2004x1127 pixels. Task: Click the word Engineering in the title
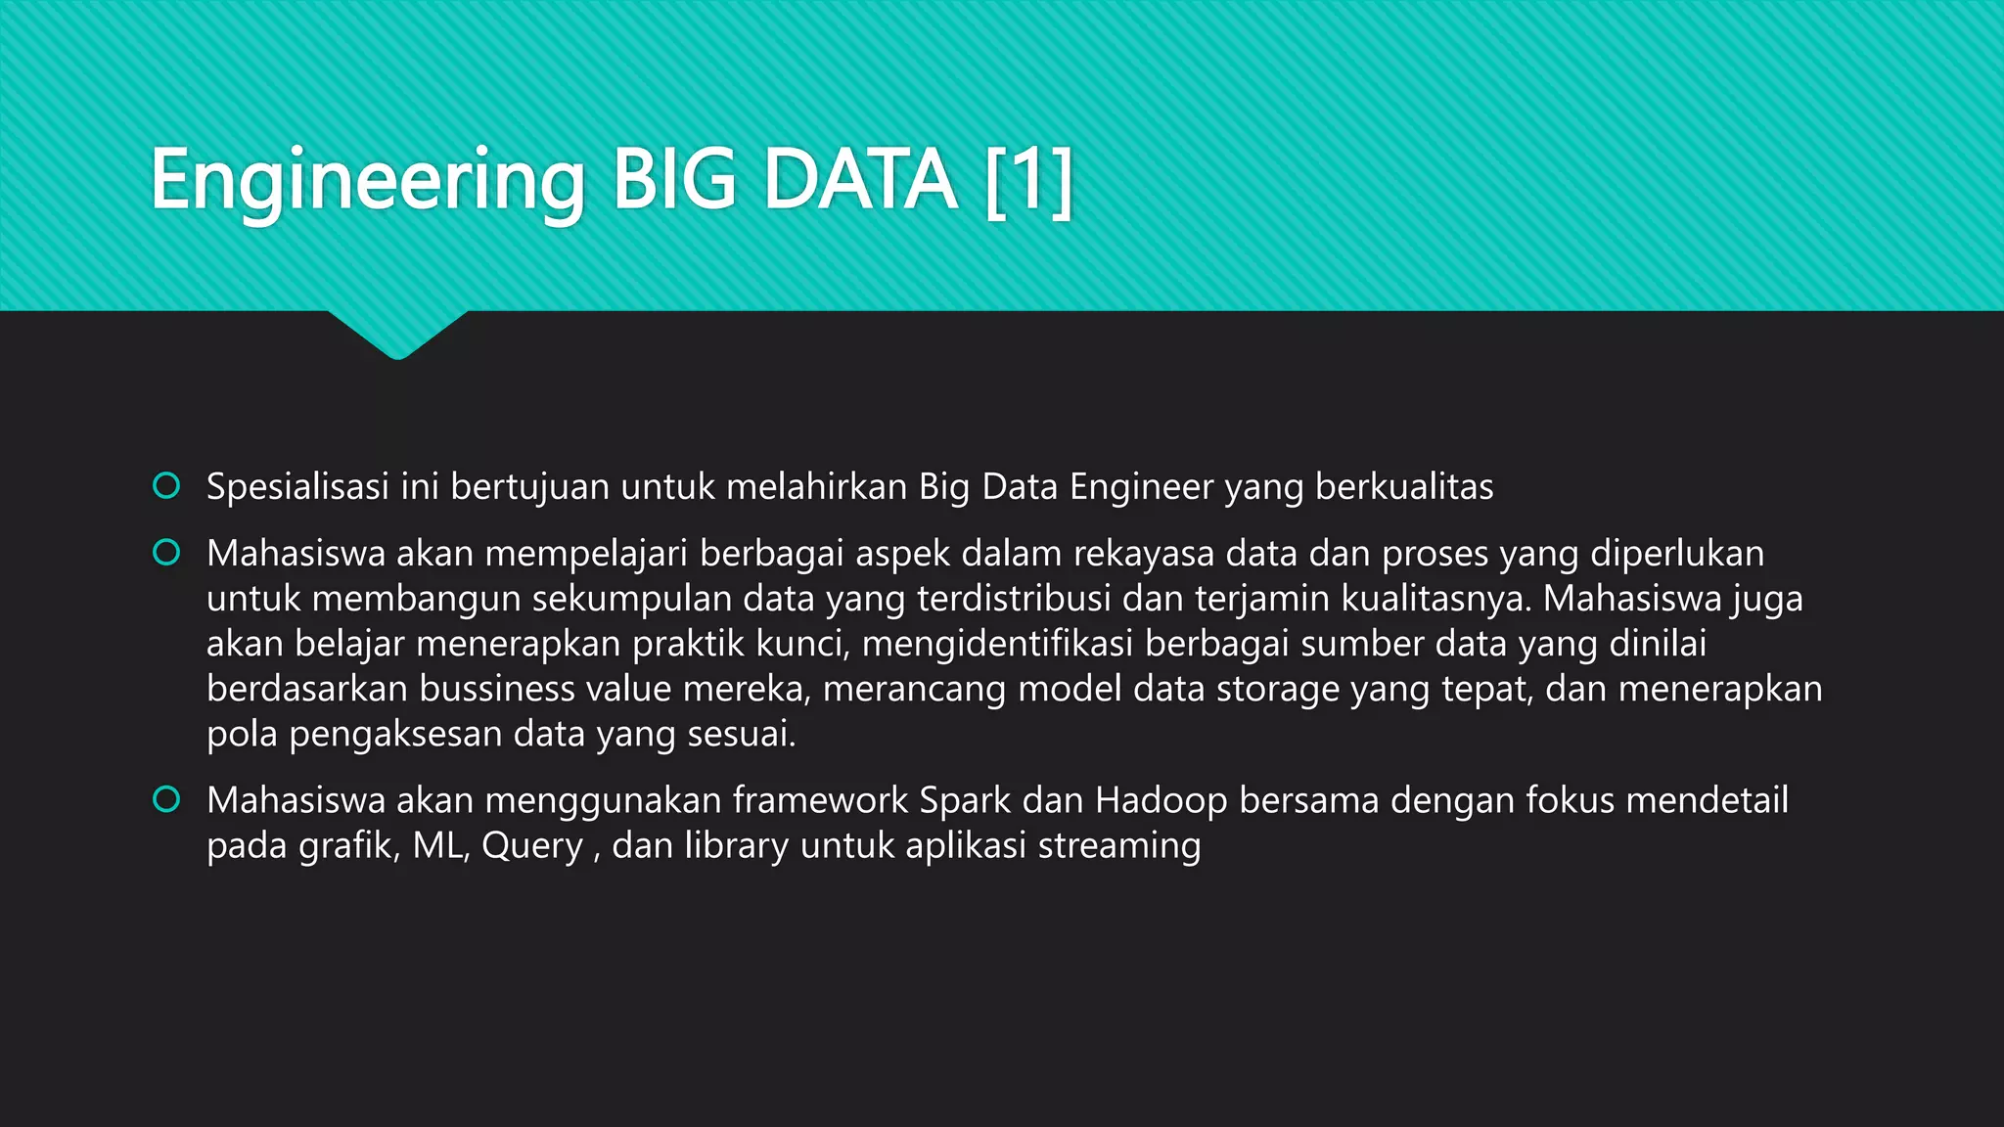(367, 181)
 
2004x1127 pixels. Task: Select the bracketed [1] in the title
(1028, 181)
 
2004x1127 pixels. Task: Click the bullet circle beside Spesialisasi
(166, 485)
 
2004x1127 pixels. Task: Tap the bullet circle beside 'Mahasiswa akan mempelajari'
(166, 553)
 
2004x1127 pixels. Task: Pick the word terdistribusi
(1014, 599)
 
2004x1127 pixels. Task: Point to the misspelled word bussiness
(497, 689)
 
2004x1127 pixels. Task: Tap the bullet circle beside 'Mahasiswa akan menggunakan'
(166, 799)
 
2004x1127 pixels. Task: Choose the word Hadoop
(1161, 801)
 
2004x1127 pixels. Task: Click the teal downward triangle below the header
(397, 333)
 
